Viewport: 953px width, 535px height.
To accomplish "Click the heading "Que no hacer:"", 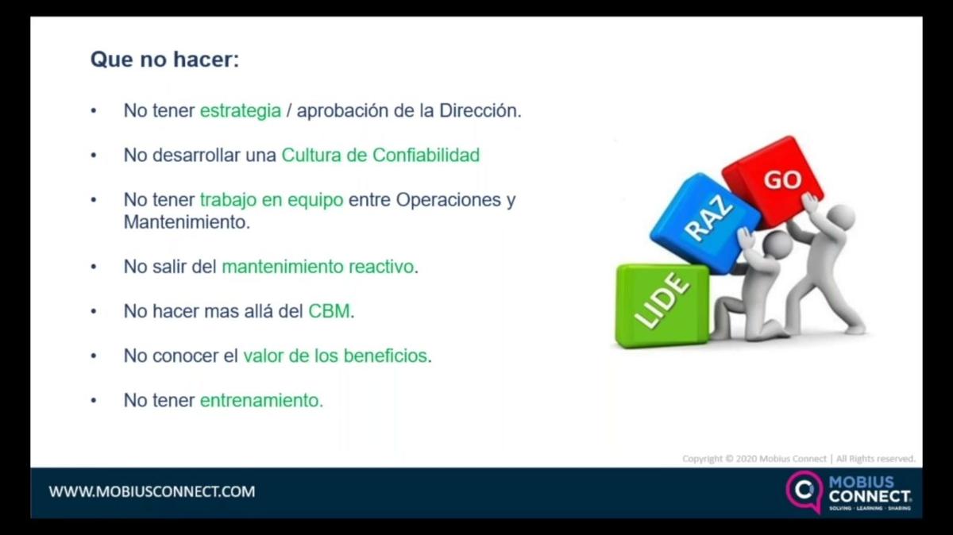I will click(164, 60).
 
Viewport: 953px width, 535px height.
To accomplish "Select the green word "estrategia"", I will click(240, 111).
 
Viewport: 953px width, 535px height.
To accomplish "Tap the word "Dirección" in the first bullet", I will click(479, 111).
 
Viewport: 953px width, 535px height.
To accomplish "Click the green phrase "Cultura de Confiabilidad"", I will click(380, 156).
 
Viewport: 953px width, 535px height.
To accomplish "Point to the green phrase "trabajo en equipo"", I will click(272, 200).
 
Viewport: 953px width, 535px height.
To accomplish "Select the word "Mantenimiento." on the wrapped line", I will click(187, 222).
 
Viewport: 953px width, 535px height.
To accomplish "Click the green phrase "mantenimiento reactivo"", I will click(318, 267).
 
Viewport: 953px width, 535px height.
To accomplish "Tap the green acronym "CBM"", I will click(329, 311).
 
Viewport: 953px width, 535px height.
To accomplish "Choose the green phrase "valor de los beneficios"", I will click(335, 356).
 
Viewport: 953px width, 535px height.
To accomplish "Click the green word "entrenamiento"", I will click(260, 401).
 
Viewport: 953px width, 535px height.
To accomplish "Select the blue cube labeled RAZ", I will click(704, 222).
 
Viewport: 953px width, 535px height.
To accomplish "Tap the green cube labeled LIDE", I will click(662, 306).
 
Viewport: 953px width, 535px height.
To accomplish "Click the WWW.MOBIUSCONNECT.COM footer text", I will click(152, 491).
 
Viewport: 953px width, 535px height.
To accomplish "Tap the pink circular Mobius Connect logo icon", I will click(804, 491).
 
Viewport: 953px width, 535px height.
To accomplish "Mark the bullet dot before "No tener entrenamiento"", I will click(95, 401).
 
